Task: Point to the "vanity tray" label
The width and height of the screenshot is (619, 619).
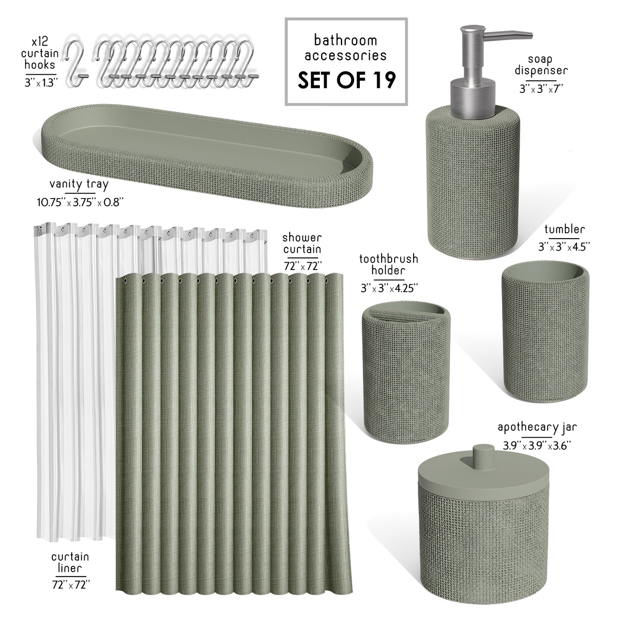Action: pos(79,184)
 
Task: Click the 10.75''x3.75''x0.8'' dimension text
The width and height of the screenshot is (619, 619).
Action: pos(80,202)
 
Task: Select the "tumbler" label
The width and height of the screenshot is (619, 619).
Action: pos(565,230)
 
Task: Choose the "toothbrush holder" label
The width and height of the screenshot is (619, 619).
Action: pos(389,264)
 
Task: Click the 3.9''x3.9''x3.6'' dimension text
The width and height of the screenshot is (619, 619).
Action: pos(537,445)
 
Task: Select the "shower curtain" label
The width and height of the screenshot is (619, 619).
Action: pos(302,243)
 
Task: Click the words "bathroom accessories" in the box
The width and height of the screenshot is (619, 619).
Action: pos(346,48)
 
